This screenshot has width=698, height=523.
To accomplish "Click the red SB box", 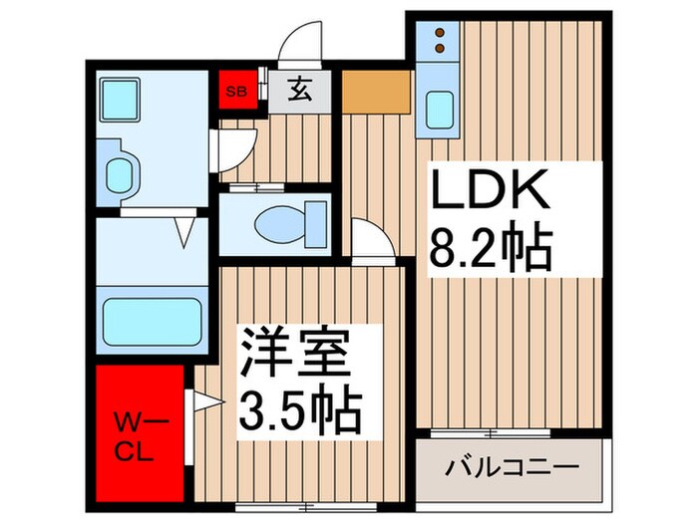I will [x=238, y=90].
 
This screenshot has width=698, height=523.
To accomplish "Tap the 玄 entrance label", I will [x=299, y=90].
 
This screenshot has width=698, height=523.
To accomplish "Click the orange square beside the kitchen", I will [x=376, y=91].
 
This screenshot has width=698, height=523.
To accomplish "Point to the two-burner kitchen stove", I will [x=440, y=42].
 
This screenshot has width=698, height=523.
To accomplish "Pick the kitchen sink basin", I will [x=440, y=110].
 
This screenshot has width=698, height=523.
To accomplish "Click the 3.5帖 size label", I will [x=298, y=405].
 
